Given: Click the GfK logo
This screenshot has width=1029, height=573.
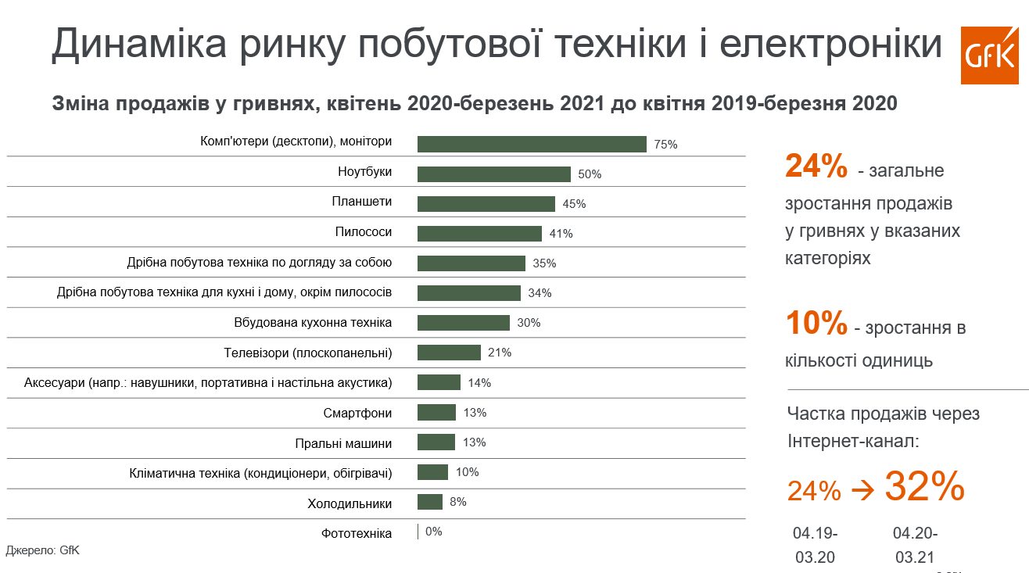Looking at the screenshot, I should [989, 55].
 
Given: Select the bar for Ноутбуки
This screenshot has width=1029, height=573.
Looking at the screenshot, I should [493, 174].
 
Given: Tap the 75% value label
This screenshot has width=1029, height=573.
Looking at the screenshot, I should [665, 145].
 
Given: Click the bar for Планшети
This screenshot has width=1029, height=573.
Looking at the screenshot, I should [486, 204].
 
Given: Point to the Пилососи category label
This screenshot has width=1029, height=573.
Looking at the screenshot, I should [364, 232].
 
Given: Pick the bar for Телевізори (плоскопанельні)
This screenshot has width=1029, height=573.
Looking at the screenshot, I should [449, 353].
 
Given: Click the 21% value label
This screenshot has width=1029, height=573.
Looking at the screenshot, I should [500, 353].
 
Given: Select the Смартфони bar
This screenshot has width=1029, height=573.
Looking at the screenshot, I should [436, 413].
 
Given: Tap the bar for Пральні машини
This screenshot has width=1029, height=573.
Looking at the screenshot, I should [436, 442].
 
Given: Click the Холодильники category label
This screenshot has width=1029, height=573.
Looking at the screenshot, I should [350, 503].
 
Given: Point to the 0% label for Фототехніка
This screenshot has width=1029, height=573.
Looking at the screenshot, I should [434, 532].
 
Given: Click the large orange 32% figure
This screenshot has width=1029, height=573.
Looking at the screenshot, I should [924, 487].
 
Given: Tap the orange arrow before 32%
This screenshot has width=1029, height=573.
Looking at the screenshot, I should [862, 491].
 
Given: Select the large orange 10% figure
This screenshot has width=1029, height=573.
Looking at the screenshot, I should [816, 323].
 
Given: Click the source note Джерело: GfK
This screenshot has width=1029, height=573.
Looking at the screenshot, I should [43, 550].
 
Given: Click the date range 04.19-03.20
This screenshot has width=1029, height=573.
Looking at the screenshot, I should [815, 546].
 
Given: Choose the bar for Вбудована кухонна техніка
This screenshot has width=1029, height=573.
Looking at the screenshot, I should [463, 323].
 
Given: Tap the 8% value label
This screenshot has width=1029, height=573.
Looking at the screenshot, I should [458, 502].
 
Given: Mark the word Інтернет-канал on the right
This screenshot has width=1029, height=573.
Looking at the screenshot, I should [853, 442].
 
